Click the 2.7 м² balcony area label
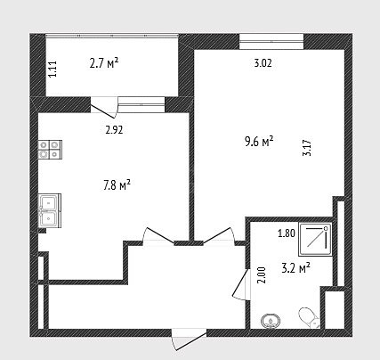104,63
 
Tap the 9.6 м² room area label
259,142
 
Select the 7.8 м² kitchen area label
117,185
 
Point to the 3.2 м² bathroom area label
295,268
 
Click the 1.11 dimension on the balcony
53,69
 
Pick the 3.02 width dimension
263,63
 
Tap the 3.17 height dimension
307,148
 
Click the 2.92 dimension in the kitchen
114,130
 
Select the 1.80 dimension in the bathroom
287,233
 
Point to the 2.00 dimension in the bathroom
262,275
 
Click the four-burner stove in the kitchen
50,150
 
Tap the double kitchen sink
50,211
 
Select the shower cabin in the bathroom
316,239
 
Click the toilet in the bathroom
309,317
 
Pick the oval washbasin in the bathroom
271,321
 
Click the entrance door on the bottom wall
189,339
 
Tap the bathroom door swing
240,284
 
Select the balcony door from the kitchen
104,107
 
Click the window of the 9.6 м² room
271,41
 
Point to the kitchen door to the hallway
158,236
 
